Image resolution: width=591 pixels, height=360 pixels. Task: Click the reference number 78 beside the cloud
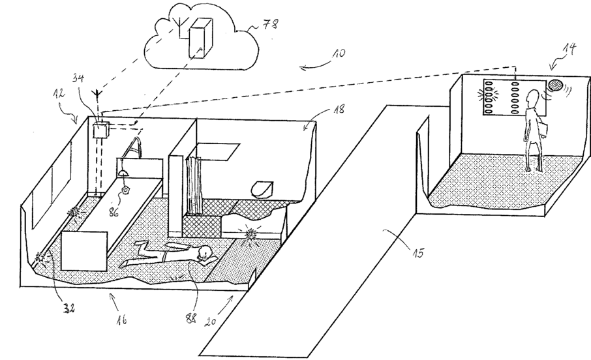click(x=270, y=24)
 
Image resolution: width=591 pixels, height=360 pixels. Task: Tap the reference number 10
click(x=338, y=53)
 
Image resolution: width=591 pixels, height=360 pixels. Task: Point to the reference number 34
click(x=78, y=78)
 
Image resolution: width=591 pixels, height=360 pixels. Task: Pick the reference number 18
click(x=339, y=110)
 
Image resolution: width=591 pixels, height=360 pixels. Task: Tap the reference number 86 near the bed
click(x=113, y=212)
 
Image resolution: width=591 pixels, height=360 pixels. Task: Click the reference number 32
click(x=68, y=307)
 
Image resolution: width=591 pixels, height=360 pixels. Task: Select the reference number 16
click(x=121, y=320)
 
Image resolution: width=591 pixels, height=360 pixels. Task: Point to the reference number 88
click(x=190, y=318)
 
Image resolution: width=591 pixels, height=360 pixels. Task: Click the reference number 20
click(x=211, y=321)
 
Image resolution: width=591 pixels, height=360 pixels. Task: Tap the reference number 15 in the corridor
click(x=417, y=252)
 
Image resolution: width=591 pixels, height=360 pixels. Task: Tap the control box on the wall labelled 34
click(x=100, y=130)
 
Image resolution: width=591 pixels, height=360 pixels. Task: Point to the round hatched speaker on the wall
click(x=555, y=84)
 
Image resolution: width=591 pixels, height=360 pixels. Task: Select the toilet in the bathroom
click(x=262, y=189)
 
